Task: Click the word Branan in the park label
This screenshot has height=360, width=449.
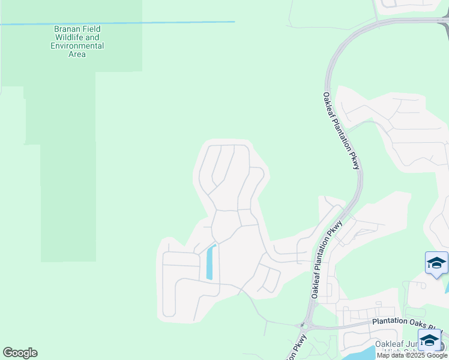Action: pyautogui.click(x=66, y=29)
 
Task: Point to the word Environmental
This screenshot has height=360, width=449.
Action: pyautogui.click(x=77, y=46)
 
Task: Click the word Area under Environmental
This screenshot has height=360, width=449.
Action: pyautogui.click(x=77, y=54)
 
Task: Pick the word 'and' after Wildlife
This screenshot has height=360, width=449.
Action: pyautogui.click(x=92, y=37)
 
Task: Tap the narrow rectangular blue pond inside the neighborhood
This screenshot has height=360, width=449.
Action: pyautogui.click(x=210, y=263)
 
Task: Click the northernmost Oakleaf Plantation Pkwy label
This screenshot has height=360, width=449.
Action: pyautogui.click(x=340, y=130)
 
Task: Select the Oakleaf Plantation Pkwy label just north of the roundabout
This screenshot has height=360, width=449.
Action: pyautogui.click(x=327, y=259)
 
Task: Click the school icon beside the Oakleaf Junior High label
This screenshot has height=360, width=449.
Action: pyautogui.click(x=430, y=340)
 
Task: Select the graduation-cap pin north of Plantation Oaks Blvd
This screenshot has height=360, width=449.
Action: pyautogui.click(x=436, y=263)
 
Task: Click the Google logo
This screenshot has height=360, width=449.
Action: pyautogui.click(x=20, y=353)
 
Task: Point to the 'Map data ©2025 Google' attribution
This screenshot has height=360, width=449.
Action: pyautogui.click(x=412, y=355)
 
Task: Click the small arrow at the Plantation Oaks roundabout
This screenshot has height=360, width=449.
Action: pyautogui.click(x=303, y=326)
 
